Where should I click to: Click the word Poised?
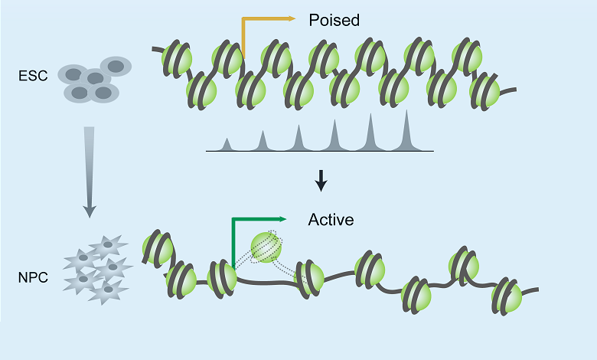pos(334,20)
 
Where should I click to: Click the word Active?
pos(331,220)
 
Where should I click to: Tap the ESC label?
pos(31,76)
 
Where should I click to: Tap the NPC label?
pos(31,277)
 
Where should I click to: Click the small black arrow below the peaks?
pos(321,181)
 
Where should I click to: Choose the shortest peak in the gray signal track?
pos(227,144)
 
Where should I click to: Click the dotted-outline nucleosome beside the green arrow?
pos(266,247)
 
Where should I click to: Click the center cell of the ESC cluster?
pos(93,77)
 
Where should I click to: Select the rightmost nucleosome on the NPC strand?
pos(507,296)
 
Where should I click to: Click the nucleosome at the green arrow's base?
pos(221,276)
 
